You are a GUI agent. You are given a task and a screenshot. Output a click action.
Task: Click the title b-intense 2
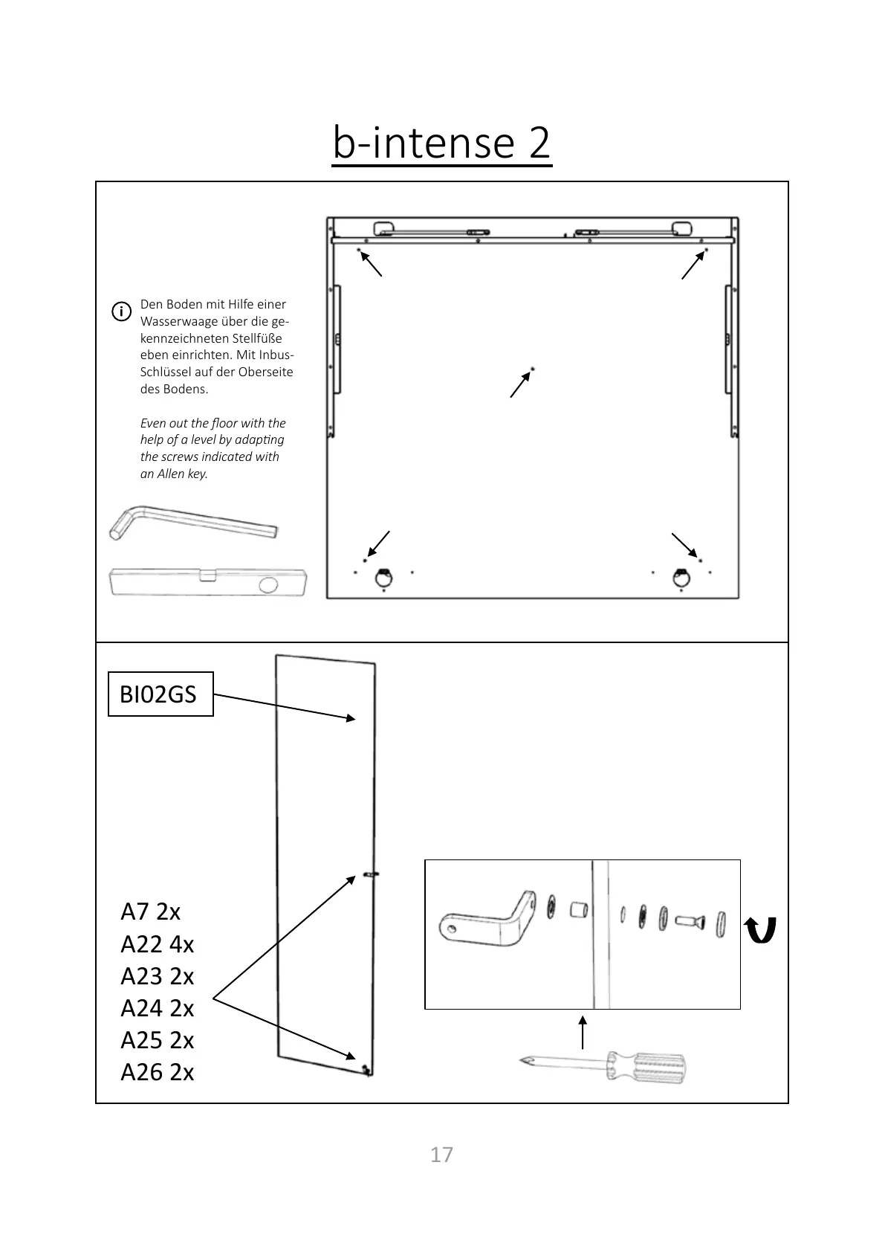click(x=441, y=143)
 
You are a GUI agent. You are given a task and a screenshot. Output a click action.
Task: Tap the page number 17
click(x=441, y=1155)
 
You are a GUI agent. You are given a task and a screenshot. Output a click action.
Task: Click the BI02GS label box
click(x=161, y=694)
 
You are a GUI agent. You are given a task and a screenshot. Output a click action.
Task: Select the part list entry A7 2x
click(x=150, y=911)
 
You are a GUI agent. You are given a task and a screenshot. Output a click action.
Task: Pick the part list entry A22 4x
click(x=157, y=944)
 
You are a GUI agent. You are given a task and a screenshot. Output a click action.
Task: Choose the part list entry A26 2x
click(x=157, y=1072)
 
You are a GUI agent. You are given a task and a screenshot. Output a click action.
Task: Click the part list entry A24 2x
click(x=157, y=1008)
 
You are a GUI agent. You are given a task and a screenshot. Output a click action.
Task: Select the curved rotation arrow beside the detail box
click(x=760, y=929)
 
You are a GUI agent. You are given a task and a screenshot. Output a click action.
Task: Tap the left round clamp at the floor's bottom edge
click(x=383, y=576)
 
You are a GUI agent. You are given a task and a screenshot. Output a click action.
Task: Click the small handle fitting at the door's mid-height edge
click(x=371, y=874)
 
